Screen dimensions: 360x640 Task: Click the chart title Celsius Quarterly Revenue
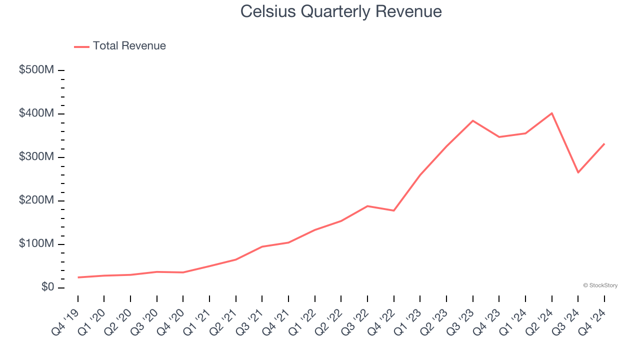coord(340,11)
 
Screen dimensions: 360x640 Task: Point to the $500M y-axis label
coord(36,70)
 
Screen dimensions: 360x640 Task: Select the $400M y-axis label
coord(36,113)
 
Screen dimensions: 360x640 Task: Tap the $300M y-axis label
coord(36,157)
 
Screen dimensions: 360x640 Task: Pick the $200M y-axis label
coord(36,200)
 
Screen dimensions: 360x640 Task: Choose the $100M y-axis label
coord(36,244)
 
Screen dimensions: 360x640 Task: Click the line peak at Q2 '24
coord(551,113)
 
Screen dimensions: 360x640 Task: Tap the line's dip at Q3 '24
coord(578,172)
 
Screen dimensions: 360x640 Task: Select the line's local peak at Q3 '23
coord(472,120)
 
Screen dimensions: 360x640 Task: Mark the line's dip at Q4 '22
coord(393,210)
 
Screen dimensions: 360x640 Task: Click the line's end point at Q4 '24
coord(604,144)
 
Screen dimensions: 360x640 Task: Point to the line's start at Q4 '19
coord(78,277)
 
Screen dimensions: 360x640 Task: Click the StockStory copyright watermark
coord(600,285)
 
